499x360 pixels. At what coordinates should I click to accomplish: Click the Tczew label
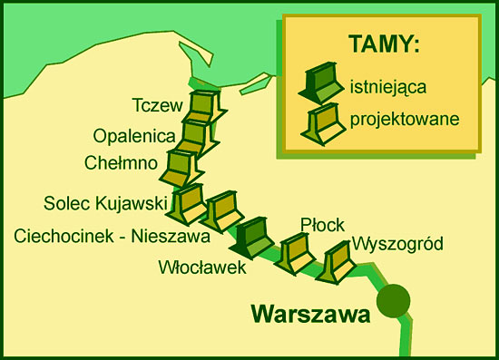tap(157, 105)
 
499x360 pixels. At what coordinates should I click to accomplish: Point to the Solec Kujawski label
tap(103, 201)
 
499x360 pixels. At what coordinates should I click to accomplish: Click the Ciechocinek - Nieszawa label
tap(113, 237)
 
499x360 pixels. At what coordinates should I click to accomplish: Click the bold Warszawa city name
tap(310, 315)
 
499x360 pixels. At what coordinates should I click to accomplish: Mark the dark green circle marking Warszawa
tap(393, 300)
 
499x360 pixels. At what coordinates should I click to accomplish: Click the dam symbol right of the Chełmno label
tap(181, 167)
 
